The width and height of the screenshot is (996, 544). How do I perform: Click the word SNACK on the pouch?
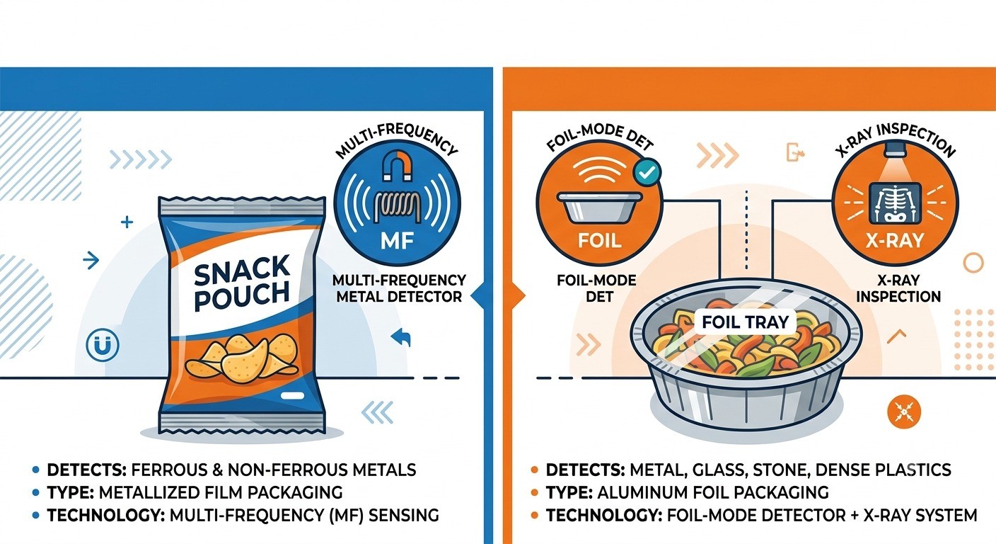(x=243, y=270)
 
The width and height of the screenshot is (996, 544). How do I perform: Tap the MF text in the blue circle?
(x=397, y=241)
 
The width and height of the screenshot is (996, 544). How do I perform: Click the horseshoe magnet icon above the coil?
(x=397, y=165)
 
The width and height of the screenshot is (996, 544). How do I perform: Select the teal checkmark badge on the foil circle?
(x=647, y=172)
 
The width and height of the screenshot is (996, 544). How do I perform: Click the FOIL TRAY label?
(x=745, y=322)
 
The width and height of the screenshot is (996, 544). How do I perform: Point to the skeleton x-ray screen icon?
(x=895, y=203)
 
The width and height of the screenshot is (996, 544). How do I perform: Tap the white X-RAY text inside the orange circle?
(x=895, y=241)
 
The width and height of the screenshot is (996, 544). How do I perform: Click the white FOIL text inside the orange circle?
(x=599, y=241)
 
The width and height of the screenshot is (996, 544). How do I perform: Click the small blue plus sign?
(x=127, y=222)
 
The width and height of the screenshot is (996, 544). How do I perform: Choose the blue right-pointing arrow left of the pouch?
(x=91, y=260)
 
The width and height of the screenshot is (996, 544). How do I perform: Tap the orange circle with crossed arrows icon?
(x=904, y=412)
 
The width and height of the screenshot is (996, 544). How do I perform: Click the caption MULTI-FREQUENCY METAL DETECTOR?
(x=399, y=288)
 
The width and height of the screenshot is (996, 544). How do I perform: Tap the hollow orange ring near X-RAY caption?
(x=973, y=262)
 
